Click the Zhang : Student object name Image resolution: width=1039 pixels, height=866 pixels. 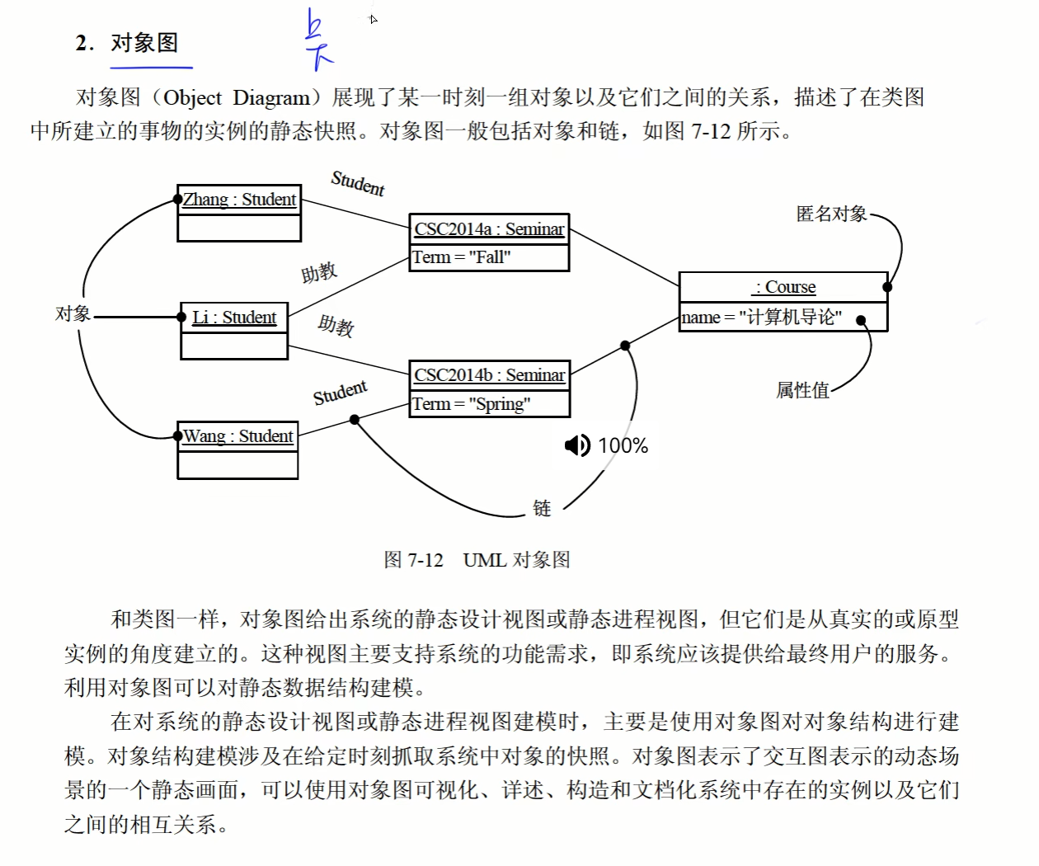click(x=239, y=200)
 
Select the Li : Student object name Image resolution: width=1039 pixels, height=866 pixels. click(x=234, y=318)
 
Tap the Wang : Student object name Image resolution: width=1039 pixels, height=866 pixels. click(x=237, y=436)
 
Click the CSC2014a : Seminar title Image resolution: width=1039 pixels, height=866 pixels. click(x=489, y=229)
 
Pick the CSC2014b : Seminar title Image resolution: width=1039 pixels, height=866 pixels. click(x=489, y=375)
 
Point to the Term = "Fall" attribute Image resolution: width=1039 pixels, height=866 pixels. click(x=462, y=257)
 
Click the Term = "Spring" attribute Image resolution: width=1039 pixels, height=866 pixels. click(x=471, y=404)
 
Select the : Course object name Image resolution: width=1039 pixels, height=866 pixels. click(x=784, y=287)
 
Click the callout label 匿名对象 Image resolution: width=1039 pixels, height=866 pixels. click(x=831, y=214)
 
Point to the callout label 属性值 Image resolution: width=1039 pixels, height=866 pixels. click(x=802, y=390)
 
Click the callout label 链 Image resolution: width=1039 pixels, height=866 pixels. click(x=542, y=508)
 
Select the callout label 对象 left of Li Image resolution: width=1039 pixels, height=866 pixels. click(x=73, y=313)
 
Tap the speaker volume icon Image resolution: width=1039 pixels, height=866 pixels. click(x=577, y=445)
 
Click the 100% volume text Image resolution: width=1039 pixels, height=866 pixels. click(x=623, y=445)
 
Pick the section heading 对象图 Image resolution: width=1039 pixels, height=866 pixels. click(x=144, y=43)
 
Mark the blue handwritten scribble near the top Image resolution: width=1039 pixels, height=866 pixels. click(x=317, y=40)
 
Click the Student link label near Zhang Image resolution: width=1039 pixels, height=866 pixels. click(x=358, y=183)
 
